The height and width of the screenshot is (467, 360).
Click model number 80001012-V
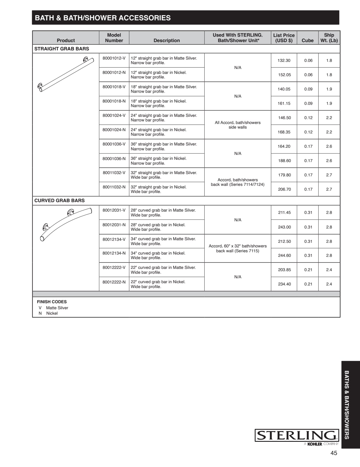[x=114, y=58]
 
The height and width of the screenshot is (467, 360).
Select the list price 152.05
[x=284, y=75]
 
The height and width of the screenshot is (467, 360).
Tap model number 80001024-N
[x=114, y=130]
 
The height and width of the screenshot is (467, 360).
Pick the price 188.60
[x=284, y=161]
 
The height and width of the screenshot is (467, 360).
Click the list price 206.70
[x=284, y=189]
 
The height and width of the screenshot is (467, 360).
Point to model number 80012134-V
[x=114, y=239]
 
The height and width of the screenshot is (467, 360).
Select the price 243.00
[x=284, y=227]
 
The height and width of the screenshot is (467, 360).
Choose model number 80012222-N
[x=114, y=282]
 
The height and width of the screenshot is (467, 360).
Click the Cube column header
[x=308, y=40]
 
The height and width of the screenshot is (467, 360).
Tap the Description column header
[x=167, y=40]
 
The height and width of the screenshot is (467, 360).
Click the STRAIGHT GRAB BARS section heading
[x=62, y=49]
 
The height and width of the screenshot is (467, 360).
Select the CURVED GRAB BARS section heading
[x=60, y=200]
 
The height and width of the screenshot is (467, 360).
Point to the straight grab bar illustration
[x=66, y=74]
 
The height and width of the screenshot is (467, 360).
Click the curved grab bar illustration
[x=66, y=224]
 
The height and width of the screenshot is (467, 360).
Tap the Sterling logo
[x=297, y=436]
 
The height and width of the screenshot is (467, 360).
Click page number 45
[x=334, y=453]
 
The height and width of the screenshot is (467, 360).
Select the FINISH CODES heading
[x=52, y=302]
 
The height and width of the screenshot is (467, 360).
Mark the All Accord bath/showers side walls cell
[x=238, y=125]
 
